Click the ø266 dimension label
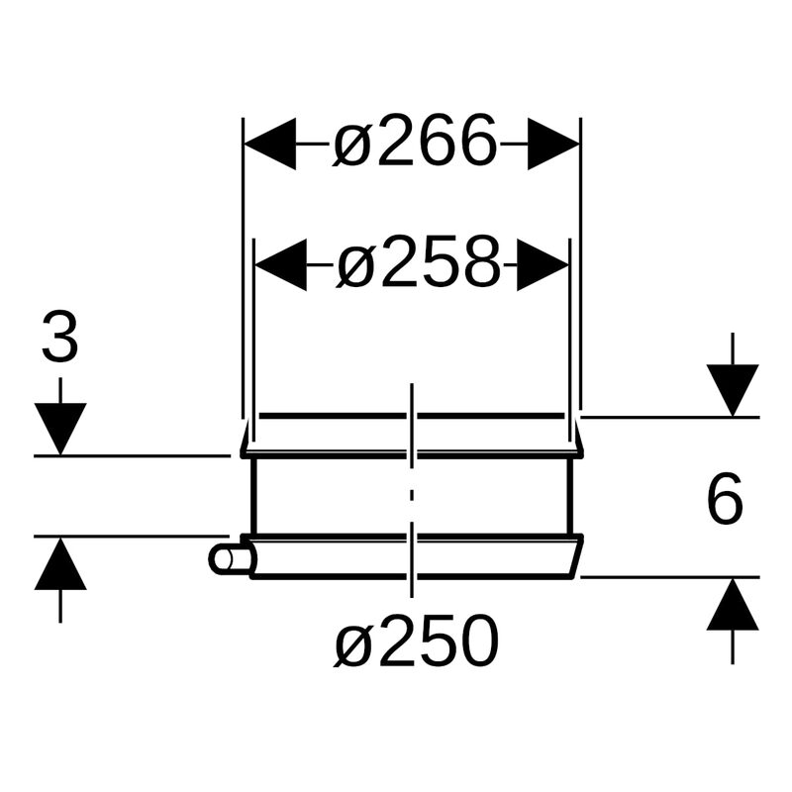414,145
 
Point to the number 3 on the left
59,340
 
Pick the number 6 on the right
725,501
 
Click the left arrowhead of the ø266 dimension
269,145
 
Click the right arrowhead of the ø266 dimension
553,145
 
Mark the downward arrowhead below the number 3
60,428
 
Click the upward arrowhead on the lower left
60,564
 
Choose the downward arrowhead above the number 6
732,389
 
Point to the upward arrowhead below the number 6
732,605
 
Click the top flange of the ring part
412,437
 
